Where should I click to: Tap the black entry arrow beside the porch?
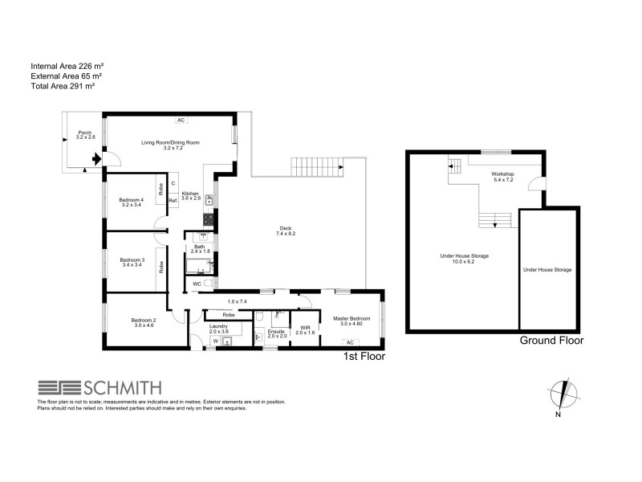point(96,161)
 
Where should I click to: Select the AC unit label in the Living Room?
point(181,120)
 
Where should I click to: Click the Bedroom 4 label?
point(132,200)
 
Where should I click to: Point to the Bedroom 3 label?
point(132,259)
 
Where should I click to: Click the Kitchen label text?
point(191,194)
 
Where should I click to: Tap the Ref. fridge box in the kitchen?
point(172,200)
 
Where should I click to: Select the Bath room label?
point(199,247)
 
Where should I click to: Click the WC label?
point(196,284)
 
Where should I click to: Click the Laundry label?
point(219,326)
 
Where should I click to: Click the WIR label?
point(305,327)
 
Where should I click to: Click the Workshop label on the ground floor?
point(503,174)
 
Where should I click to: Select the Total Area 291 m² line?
point(63,85)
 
